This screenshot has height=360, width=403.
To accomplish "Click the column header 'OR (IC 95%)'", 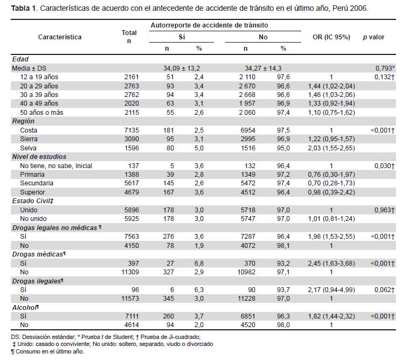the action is (331, 37).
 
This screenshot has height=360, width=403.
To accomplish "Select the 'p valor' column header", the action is (373, 37).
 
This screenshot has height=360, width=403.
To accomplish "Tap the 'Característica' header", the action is (60, 37).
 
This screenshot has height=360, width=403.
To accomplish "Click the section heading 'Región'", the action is (23, 121).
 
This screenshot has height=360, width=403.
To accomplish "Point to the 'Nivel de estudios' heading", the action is (39, 157).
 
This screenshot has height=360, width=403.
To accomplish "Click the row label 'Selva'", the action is (28, 148).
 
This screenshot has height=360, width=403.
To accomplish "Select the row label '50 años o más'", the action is (41, 113).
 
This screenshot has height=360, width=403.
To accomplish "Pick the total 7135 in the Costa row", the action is (131, 130).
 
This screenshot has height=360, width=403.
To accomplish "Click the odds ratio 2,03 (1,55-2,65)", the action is (331, 148).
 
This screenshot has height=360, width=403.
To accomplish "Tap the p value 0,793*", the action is (385, 68).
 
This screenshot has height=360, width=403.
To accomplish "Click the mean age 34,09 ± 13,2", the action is (182, 68).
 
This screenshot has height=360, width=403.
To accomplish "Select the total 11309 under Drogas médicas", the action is (130, 272).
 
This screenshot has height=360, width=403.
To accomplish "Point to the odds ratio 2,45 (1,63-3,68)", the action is (331, 264).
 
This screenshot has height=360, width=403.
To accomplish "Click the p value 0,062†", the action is (384, 290).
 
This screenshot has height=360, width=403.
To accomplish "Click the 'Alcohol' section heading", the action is (25, 308).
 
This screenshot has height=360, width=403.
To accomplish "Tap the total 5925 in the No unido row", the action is (131, 219).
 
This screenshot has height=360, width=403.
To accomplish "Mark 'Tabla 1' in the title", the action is (24, 8).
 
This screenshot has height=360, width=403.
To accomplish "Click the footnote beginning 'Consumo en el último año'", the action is (47, 351).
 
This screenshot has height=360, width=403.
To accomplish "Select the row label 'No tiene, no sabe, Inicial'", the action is (56, 166).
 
